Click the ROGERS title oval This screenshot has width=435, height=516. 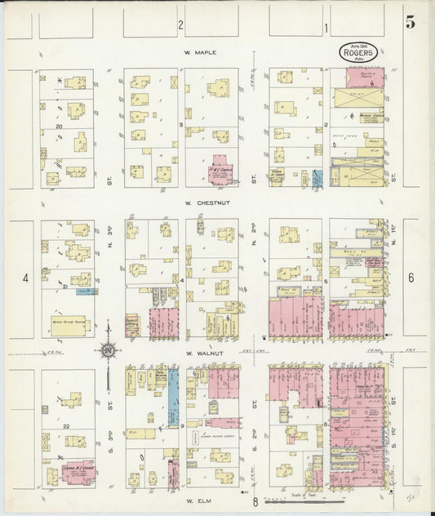pos(360,51)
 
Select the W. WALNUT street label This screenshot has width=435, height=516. pos(200,354)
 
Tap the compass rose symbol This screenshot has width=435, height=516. pos(108,351)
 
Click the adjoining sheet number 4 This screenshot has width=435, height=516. pos(25,278)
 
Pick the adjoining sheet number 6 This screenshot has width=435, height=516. pos(411,278)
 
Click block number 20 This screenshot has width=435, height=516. pos(59,127)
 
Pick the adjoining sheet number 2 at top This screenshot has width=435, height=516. pos(181,26)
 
